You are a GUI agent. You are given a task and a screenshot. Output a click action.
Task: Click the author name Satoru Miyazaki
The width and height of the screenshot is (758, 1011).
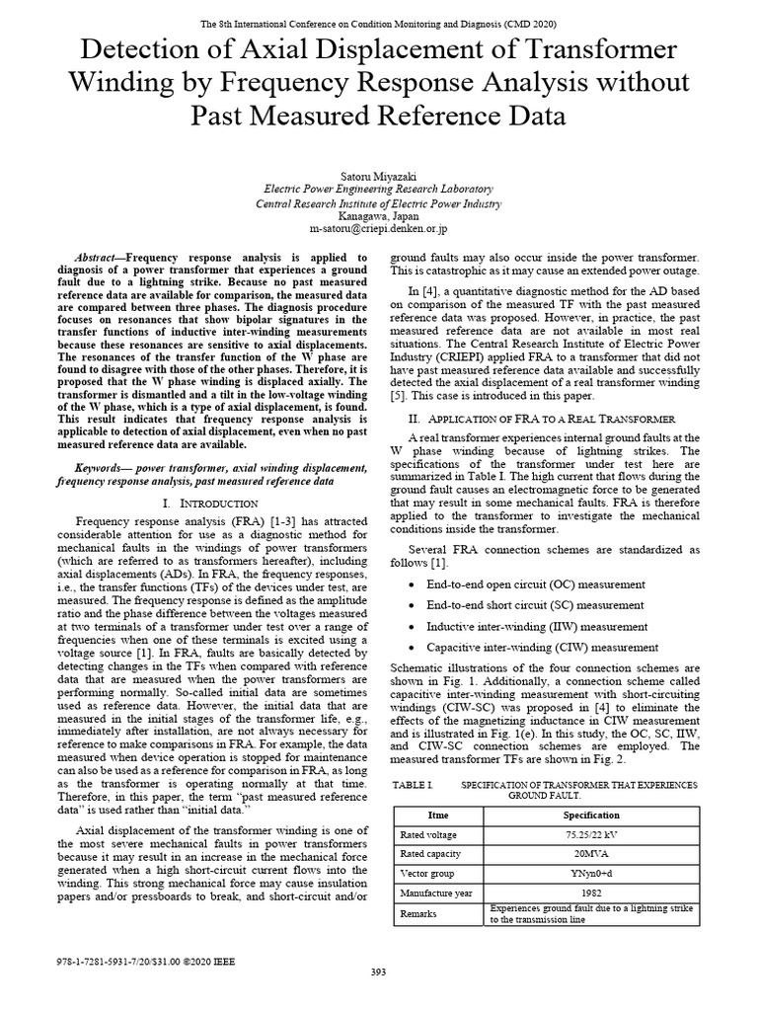click(x=379, y=174)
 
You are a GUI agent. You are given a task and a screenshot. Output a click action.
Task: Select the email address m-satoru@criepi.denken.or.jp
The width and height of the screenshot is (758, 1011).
click(x=379, y=228)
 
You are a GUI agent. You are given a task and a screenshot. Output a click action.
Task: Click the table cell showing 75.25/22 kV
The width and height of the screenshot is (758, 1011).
click(x=592, y=834)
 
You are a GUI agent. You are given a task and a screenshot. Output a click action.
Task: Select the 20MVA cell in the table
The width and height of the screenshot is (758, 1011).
click(x=592, y=854)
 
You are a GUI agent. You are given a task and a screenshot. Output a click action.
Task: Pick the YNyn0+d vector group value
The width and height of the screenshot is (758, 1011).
click(x=592, y=874)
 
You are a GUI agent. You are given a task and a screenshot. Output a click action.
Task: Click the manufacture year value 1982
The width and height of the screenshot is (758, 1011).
click(x=592, y=894)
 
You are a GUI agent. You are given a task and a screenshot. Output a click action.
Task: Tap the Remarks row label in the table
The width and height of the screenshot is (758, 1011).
click(x=418, y=914)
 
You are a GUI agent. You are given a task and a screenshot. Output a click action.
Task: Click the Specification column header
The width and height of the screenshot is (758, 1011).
click(x=592, y=815)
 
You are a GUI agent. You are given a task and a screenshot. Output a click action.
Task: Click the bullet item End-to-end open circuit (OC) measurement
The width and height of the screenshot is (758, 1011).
click(x=536, y=584)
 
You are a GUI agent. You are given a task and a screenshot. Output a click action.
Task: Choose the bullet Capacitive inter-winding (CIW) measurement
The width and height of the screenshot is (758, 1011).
click(x=542, y=647)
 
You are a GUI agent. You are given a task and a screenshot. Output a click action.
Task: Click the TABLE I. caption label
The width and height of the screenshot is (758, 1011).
click(x=414, y=784)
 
